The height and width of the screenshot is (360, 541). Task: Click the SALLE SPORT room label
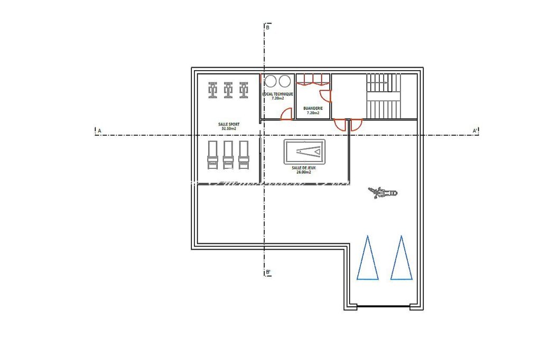point(228,124)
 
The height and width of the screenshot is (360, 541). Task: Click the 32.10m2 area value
point(228,128)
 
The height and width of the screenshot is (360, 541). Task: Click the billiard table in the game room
point(304,152)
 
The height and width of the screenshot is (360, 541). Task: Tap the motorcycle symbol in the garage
point(384,193)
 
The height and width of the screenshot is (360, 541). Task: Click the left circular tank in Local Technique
point(271,81)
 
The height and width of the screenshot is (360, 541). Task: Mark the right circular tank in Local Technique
point(285,81)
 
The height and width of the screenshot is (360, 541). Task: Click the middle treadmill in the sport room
point(228,155)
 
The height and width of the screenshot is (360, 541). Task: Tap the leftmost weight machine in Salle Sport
point(212,90)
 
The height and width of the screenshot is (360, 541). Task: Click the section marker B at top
point(268,27)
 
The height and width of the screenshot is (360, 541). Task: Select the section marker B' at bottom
point(268,272)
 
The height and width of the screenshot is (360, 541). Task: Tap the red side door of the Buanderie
point(326,96)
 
